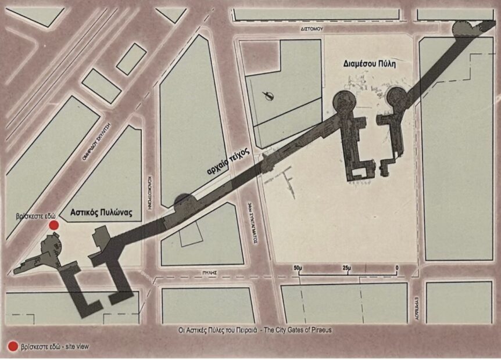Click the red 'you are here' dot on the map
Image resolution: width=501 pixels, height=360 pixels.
click(x=53, y=225)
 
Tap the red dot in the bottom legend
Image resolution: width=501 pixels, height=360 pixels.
click(x=12, y=347)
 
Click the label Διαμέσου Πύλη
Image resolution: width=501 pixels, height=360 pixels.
click(x=369, y=65)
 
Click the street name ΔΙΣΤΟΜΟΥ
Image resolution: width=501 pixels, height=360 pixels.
click(x=312, y=28)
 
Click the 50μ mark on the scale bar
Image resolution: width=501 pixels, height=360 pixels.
click(x=298, y=267)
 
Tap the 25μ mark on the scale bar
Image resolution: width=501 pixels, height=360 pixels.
click(x=347, y=267)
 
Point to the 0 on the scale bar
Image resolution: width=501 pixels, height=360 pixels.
click(x=396, y=267)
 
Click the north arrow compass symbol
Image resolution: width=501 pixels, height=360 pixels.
click(x=268, y=96)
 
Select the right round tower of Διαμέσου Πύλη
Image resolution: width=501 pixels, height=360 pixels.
click(x=396, y=97)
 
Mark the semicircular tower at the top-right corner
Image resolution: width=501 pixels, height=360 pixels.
click(x=463, y=28)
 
